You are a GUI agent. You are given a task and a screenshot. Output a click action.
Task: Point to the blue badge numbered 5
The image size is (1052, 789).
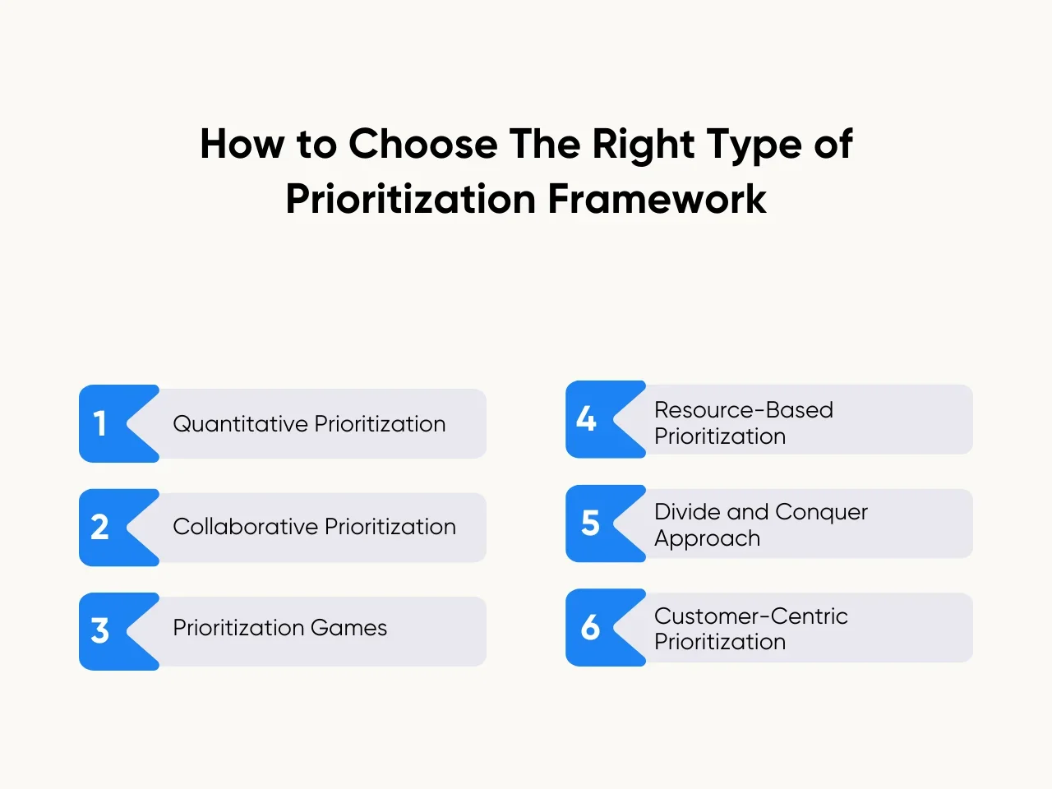[590, 524]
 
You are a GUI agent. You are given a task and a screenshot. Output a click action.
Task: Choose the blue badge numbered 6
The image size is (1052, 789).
[590, 628]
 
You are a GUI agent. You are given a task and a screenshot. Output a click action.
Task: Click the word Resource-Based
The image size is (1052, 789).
[744, 410]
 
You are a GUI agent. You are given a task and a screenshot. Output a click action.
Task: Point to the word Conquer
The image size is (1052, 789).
[821, 512]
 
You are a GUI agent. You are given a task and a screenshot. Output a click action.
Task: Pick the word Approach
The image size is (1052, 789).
[707, 539]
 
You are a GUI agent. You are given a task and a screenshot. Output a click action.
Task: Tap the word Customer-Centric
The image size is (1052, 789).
[751, 616]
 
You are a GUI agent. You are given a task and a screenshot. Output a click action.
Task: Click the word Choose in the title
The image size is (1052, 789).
[422, 145]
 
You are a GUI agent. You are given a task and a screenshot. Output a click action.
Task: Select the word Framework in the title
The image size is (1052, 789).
[657, 199]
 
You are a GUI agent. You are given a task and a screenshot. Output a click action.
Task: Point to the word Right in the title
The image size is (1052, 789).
[644, 145]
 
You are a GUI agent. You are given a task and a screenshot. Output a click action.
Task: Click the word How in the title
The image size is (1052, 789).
[242, 145]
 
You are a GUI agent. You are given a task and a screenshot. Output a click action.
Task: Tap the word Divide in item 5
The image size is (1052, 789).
[687, 512]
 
